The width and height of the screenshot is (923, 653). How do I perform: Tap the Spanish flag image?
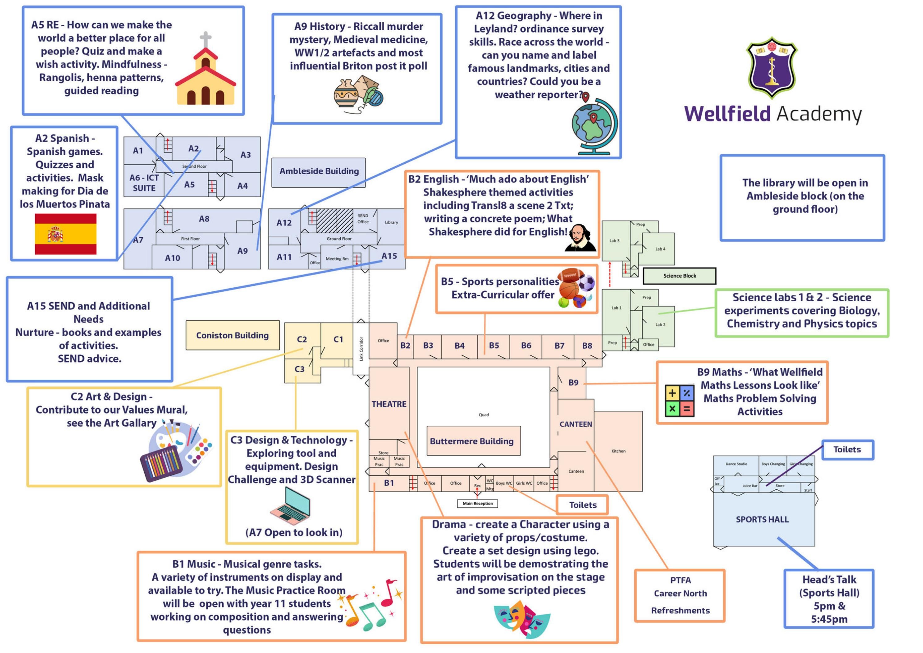coord(66,234)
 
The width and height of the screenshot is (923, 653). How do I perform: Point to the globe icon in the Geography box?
coord(594,127)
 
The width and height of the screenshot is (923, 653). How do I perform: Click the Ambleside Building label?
coord(319,171)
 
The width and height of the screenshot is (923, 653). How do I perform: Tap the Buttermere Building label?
coord(472,441)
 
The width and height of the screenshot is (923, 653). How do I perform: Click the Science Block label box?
coord(679,276)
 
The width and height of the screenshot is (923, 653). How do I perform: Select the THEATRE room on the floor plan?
coord(389,404)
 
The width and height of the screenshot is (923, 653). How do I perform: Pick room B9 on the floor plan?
coord(573,383)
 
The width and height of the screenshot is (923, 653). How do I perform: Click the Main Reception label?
coord(477,503)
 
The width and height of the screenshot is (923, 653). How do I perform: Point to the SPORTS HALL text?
coord(762,519)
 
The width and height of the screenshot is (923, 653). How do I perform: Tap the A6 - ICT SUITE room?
coord(144,183)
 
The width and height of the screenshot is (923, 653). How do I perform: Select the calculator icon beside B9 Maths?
coord(679,400)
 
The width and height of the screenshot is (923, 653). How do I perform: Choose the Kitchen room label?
coord(618,451)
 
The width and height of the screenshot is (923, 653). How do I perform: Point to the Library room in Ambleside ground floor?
coord(391,222)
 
